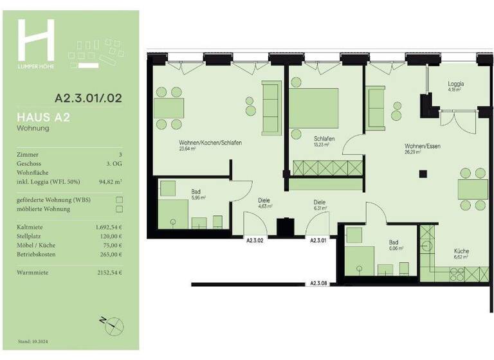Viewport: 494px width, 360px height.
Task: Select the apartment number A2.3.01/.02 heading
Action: pyautogui.click(x=88, y=98)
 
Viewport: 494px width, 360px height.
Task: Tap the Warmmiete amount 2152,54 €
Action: pyautogui.click(x=109, y=273)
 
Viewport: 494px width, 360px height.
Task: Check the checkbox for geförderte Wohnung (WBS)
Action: pyautogui.click(x=118, y=200)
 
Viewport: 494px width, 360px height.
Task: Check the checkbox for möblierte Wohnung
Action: pyautogui.click(x=118, y=209)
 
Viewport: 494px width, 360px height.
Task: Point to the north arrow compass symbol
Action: pyautogui.click(x=109, y=324)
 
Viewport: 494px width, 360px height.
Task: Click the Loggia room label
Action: pyautogui.click(x=456, y=84)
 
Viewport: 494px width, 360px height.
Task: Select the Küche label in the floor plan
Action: pyautogui.click(x=461, y=251)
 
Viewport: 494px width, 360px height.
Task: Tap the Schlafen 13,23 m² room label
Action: pyautogui.click(x=322, y=141)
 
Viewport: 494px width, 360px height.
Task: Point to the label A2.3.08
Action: pyautogui.click(x=318, y=283)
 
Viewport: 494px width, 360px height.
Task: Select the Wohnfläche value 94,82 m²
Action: pyautogui.click(x=109, y=182)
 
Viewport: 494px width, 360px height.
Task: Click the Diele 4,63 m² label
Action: pyautogui.click(x=266, y=203)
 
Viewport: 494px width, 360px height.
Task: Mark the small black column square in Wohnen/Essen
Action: pyautogui.click(x=423, y=172)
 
